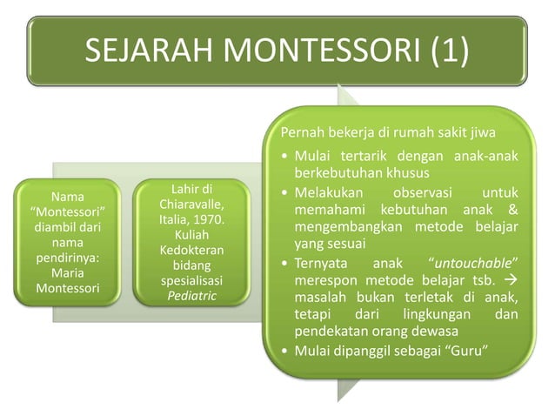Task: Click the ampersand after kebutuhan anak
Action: click(513, 211)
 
